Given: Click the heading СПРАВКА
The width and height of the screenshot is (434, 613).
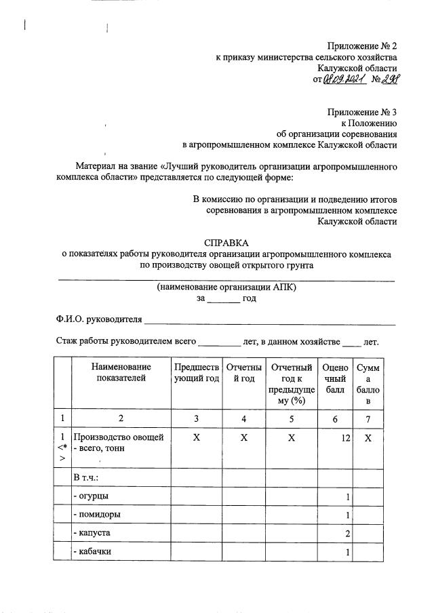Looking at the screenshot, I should coord(226,242).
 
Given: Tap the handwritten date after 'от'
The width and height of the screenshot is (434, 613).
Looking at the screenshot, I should coord(344,80).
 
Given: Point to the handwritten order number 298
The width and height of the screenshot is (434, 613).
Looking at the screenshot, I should coord(389,79).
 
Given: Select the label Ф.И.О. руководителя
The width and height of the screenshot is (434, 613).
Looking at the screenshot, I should coord(99,319).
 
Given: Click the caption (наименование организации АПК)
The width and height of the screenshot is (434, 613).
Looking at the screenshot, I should coord(226,287).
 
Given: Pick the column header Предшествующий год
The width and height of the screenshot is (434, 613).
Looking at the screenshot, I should coord(197,372).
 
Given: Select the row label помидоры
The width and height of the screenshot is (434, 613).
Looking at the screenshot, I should coord(98,515).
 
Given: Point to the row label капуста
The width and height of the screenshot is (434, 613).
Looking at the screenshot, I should coord(94,533).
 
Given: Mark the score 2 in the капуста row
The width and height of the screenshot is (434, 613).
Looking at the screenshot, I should coord(347,534).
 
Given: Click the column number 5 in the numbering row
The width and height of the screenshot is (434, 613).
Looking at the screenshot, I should coord(291,419).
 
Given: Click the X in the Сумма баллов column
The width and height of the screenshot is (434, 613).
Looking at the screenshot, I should coord(368,438).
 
